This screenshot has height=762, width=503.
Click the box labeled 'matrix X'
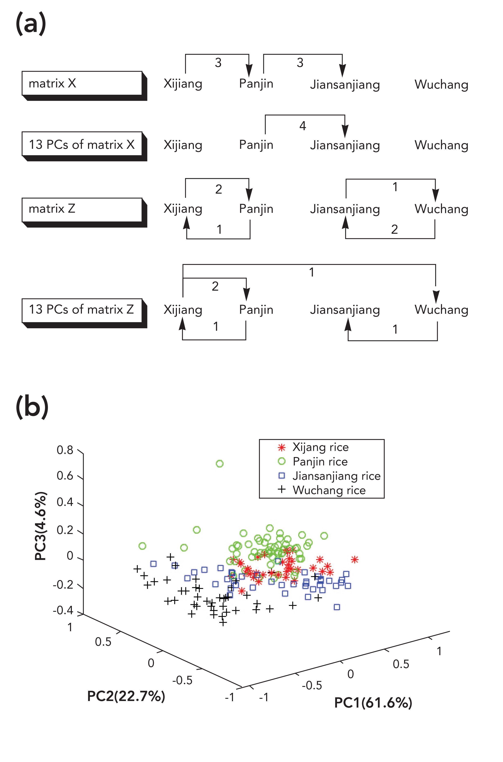(x=82, y=83)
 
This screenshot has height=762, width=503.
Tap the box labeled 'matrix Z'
(x=82, y=209)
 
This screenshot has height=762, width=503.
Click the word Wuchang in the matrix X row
(x=441, y=85)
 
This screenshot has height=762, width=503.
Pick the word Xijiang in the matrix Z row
(x=183, y=209)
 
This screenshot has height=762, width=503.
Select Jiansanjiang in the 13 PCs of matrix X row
(x=345, y=145)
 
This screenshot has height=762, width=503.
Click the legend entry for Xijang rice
(x=320, y=447)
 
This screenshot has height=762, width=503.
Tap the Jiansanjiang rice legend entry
(x=336, y=476)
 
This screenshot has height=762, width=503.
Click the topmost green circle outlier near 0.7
(x=219, y=464)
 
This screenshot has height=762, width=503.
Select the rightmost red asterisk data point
(x=354, y=560)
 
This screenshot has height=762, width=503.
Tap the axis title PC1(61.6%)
(x=373, y=703)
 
